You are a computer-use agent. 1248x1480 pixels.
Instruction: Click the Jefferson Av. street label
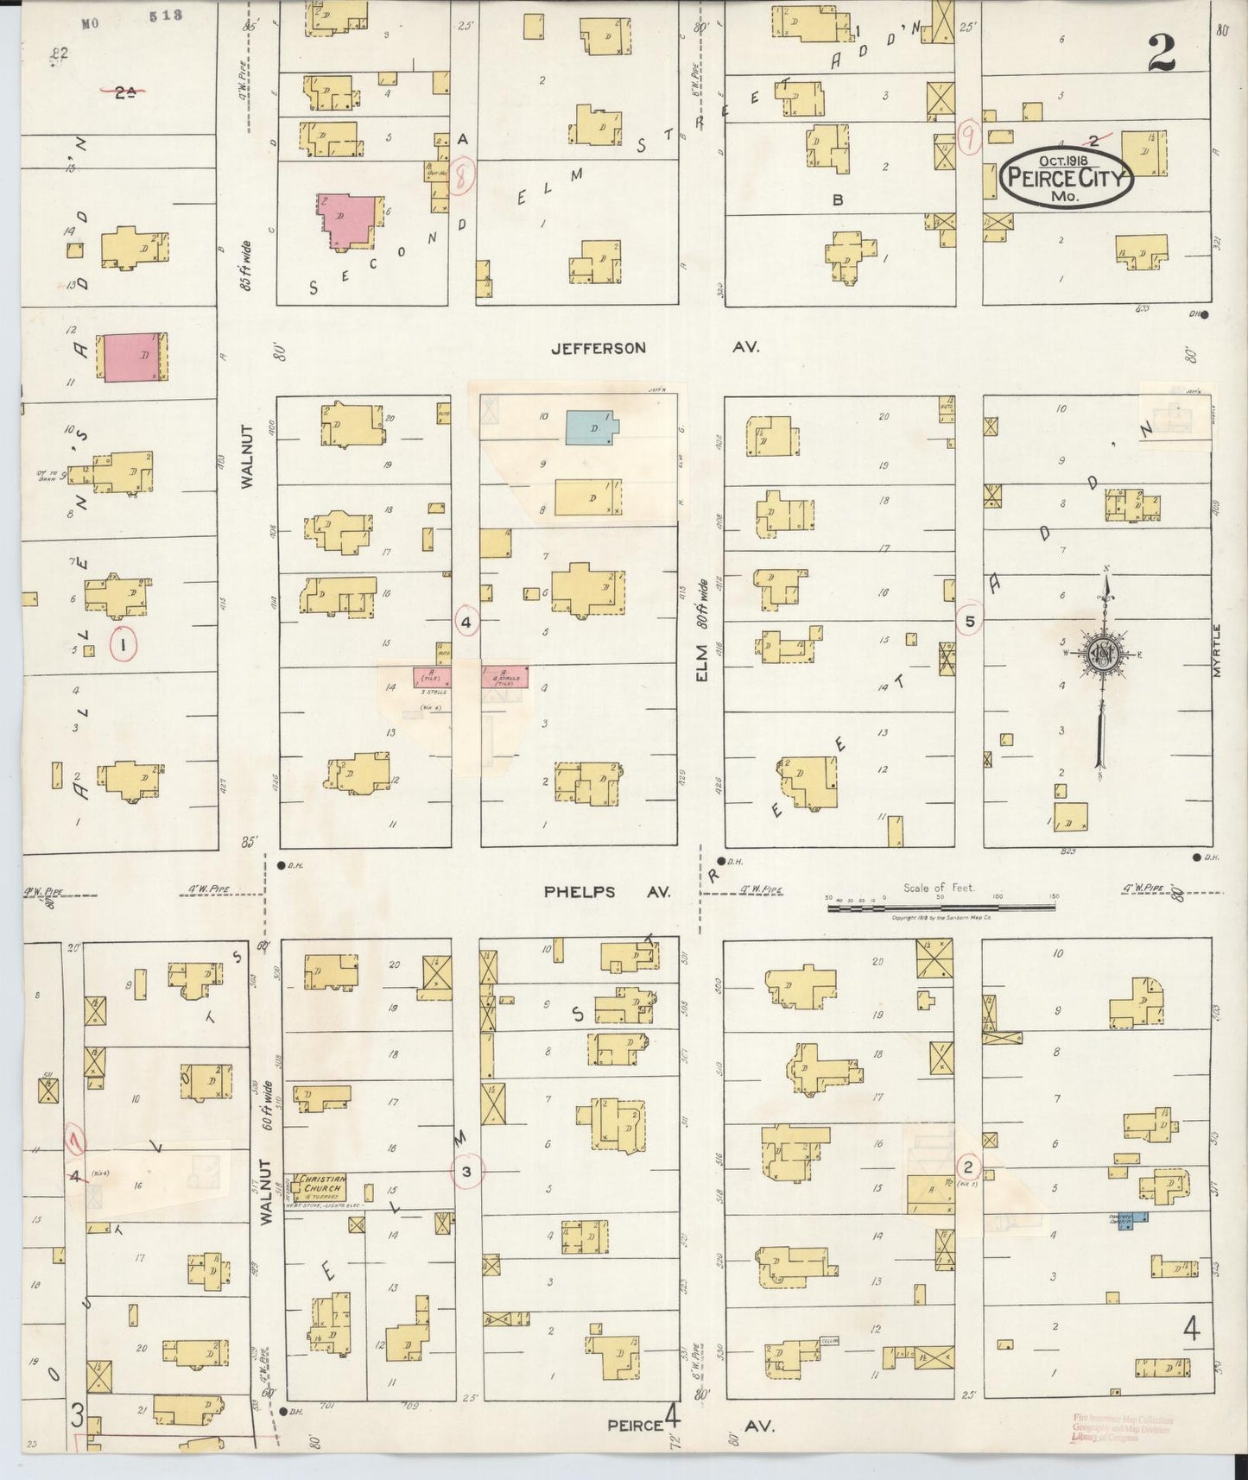[655, 347]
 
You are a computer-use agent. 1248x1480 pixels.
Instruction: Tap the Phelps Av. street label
[607, 892]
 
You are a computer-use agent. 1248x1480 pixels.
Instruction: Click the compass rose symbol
[1103, 654]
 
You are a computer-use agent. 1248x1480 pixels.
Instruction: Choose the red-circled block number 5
[970, 621]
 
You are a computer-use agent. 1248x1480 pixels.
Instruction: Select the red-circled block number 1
[124, 643]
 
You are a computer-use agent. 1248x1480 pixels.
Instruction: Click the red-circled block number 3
[466, 1171]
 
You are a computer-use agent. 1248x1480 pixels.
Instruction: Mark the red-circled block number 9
[970, 137]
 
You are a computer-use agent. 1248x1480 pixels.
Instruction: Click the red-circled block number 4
[466, 621]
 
